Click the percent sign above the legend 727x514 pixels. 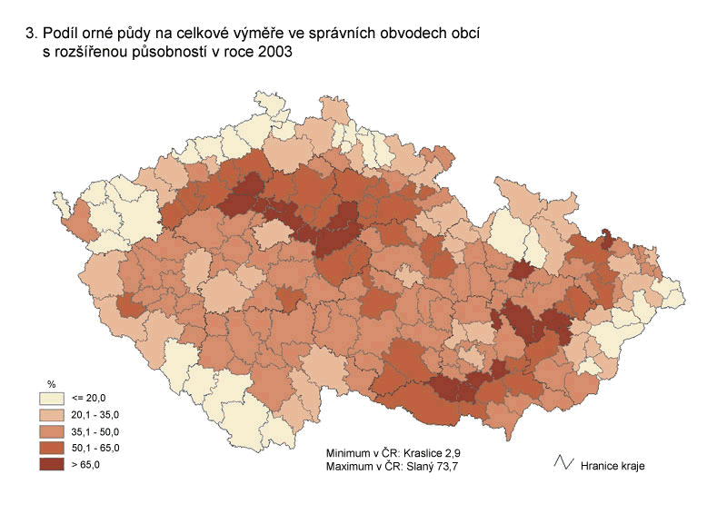click(51, 385)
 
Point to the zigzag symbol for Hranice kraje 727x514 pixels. click(563, 463)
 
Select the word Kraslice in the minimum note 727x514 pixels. click(431, 451)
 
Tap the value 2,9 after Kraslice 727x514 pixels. click(463, 451)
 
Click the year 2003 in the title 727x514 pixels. click(275, 53)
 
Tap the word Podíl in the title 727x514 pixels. click(63, 34)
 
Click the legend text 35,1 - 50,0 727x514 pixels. click(95, 431)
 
